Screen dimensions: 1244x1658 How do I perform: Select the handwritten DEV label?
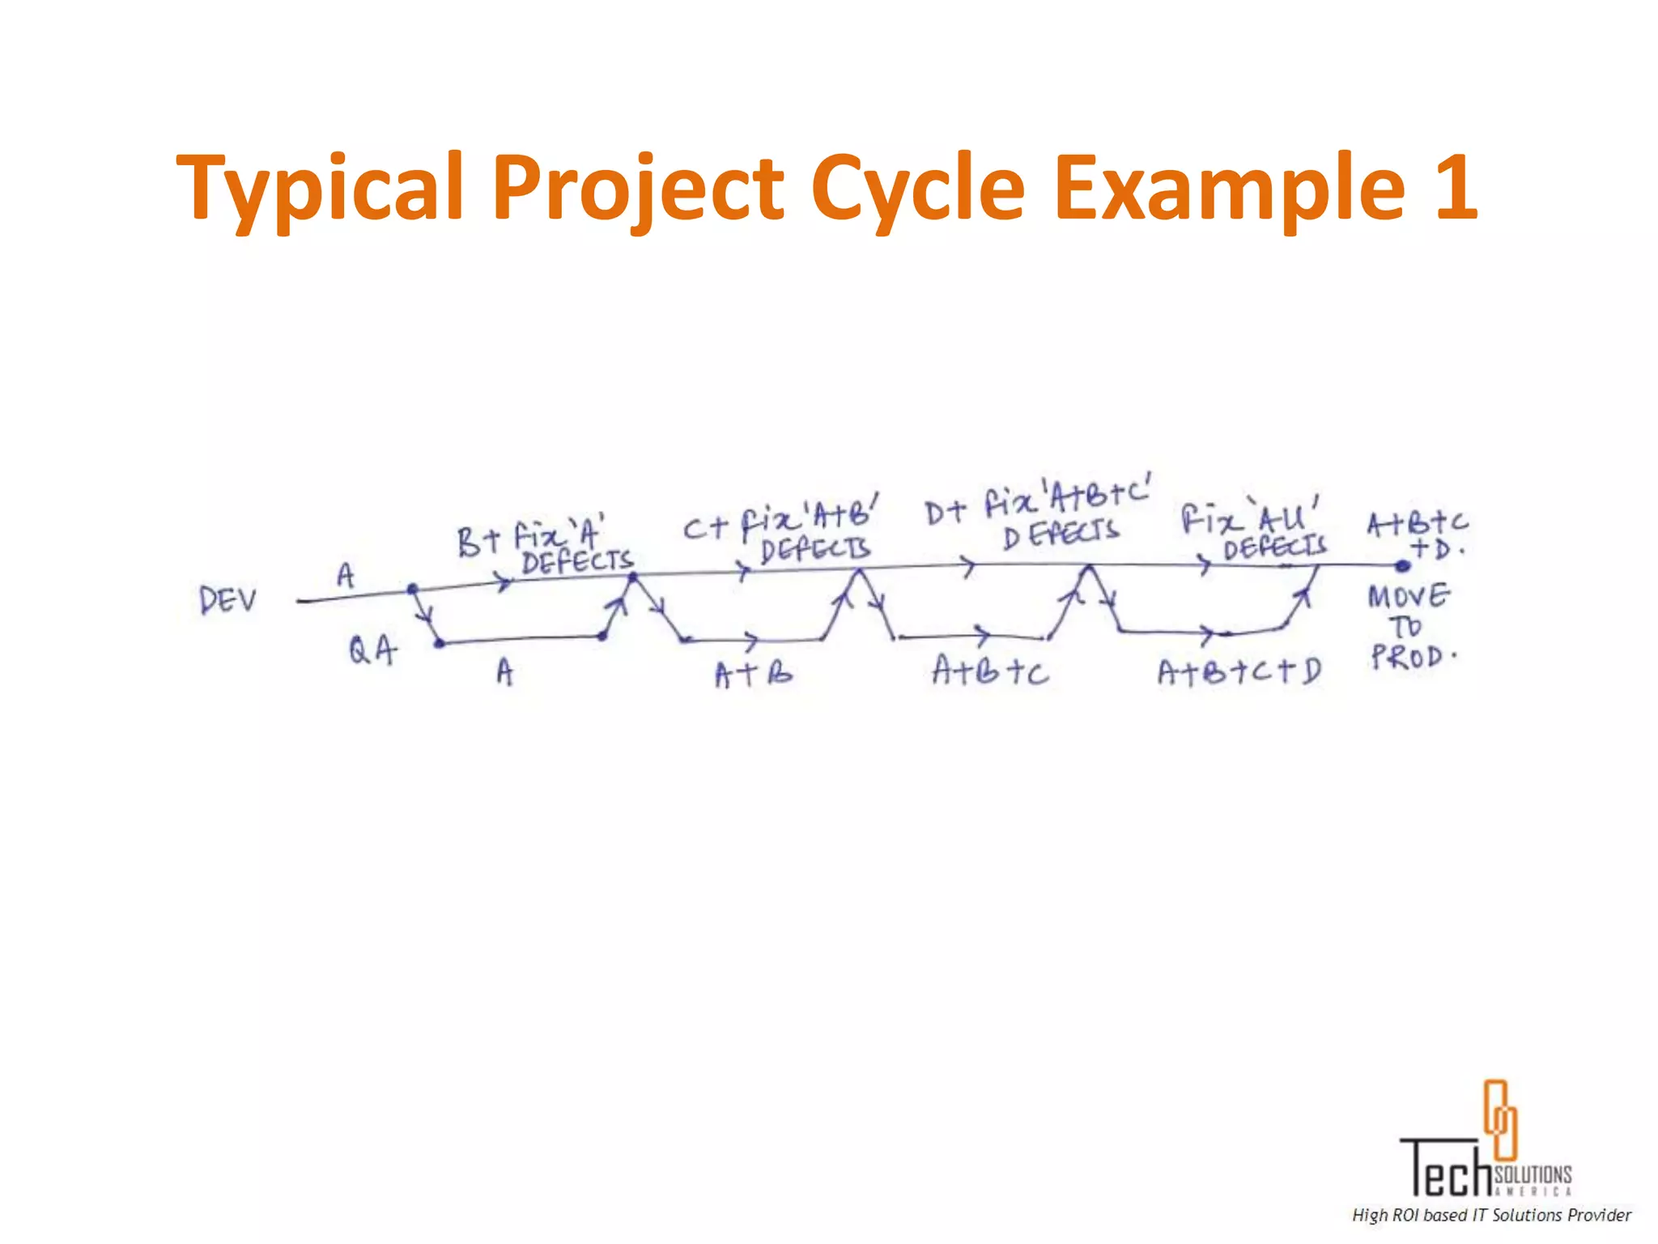tap(228, 600)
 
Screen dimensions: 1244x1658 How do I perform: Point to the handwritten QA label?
tap(372, 650)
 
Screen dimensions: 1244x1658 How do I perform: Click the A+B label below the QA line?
tap(753, 673)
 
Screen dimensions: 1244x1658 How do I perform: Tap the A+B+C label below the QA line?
tap(989, 671)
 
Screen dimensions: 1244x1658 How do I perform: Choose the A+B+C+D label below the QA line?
tap(1239, 671)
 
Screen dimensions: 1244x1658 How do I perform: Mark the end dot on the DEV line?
tap(1403, 566)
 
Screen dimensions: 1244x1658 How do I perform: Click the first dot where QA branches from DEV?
tap(412, 589)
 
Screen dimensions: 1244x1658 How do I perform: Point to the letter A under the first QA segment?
tap(504, 671)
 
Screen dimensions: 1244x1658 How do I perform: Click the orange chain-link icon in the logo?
tap(1499, 1118)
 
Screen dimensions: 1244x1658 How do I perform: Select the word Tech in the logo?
tap(1446, 1168)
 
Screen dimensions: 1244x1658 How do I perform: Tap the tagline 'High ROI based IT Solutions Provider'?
tap(1491, 1215)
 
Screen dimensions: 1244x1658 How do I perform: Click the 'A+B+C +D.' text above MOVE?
tap(1418, 534)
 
